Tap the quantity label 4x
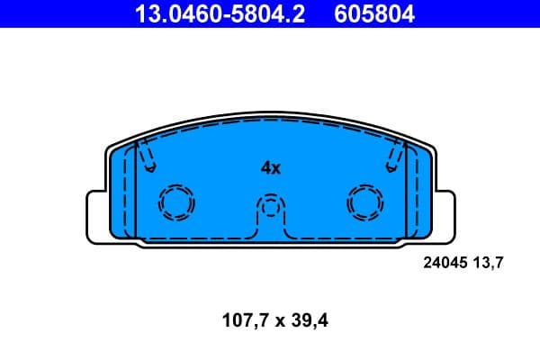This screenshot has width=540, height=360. click(271, 167)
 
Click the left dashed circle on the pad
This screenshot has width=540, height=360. click(176, 202)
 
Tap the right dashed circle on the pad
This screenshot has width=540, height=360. click(364, 202)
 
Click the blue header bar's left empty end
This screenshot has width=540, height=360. click(54, 13)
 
